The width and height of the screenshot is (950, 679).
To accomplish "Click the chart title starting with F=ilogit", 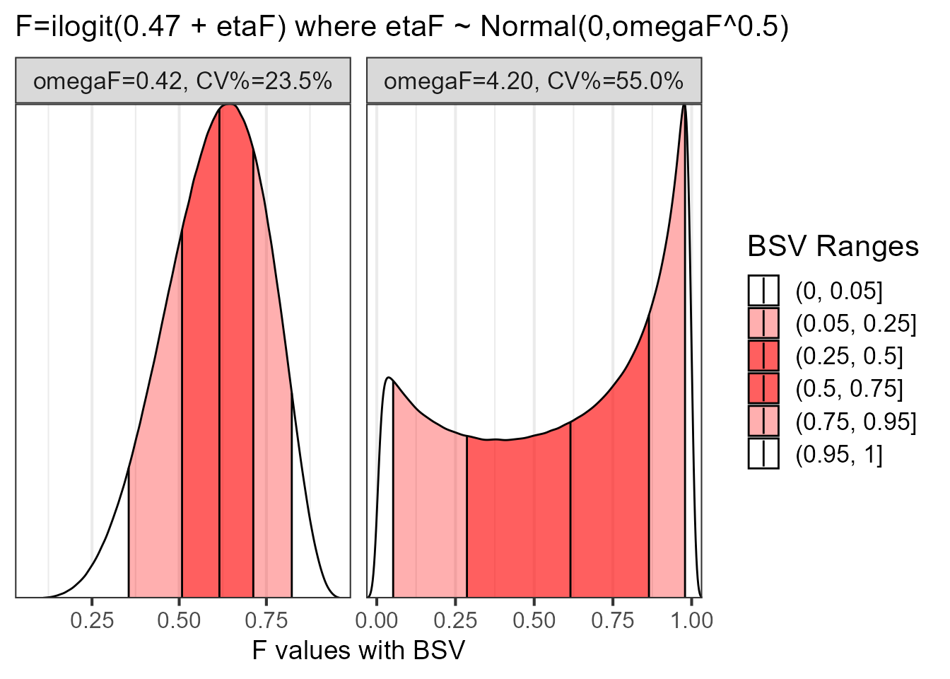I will click(x=401, y=27).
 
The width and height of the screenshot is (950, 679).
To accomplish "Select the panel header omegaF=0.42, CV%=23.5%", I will click(x=183, y=81).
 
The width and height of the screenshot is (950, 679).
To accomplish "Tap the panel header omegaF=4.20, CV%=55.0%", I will click(x=534, y=81).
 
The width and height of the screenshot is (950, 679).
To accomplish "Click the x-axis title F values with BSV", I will click(x=358, y=650).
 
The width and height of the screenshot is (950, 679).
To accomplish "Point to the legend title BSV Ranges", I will click(x=833, y=246).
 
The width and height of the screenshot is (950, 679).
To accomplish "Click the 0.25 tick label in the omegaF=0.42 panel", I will click(x=92, y=620).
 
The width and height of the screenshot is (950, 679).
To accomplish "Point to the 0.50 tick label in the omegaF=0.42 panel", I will click(x=179, y=620).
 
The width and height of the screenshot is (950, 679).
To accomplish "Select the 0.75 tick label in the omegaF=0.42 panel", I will click(x=266, y=620).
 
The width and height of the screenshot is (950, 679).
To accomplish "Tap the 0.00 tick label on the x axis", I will click(x=377, y=620).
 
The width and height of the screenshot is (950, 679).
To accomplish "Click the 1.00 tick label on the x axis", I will click(x=691, y=620).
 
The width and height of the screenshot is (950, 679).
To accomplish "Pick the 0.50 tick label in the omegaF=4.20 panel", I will click(x=534, y=620).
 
